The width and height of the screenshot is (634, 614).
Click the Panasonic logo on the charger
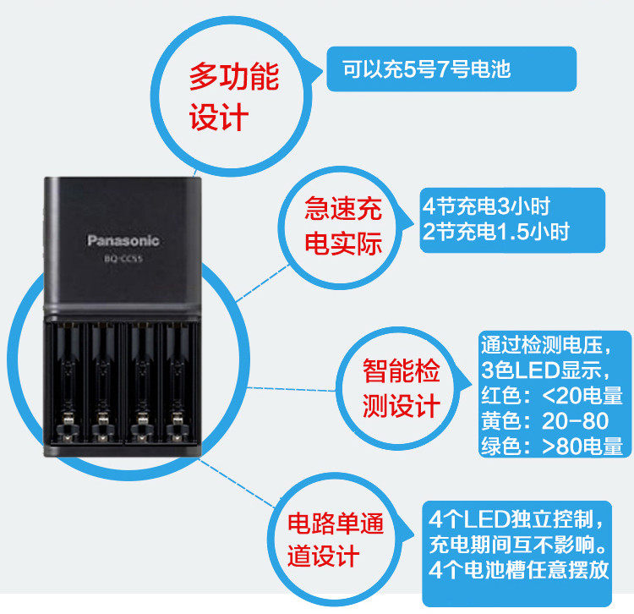click(x=123, y=241)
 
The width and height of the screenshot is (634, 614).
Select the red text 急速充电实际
click(x=343, y=226)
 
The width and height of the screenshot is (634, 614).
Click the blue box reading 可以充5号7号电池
click(x=451, y=69)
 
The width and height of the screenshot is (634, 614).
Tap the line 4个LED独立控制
click(x=516, y=518)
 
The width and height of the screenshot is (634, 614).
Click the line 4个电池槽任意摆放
click(x=518, y=569)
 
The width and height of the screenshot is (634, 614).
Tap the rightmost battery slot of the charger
click(x=178, y=381)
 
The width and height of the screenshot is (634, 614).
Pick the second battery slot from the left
click(x=103, y=381)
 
